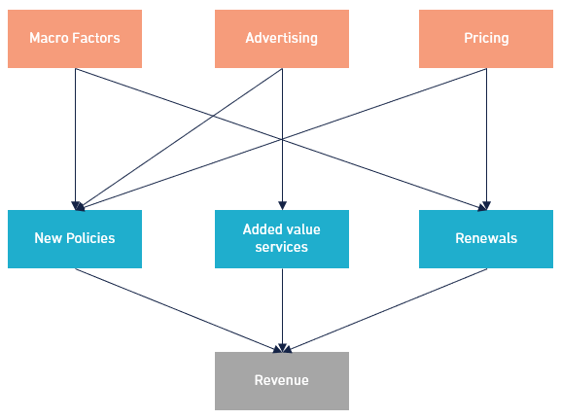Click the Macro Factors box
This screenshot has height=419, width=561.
(75, 39)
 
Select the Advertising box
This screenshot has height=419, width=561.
(282, 39)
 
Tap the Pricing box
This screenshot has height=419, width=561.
(486, 39)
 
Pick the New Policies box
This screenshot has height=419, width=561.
(75, 239)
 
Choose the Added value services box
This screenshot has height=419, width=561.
(282, 239)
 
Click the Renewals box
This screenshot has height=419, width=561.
(486, 239)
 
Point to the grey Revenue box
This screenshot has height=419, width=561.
(282, 381)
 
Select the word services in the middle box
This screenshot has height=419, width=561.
(282, 247)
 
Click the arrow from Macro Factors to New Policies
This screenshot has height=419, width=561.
(76, 139)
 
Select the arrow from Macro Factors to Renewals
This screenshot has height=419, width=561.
(281, 139)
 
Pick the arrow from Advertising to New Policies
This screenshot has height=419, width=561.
(182, 137)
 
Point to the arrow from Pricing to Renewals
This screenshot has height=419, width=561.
(486, 139)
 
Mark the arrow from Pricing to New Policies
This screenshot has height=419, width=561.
(283, 138)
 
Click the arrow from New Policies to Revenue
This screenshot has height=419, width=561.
(179, 310)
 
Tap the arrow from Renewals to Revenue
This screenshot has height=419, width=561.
(386, 310)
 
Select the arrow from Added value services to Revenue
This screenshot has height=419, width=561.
(282, 310)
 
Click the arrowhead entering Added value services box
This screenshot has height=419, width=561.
(282, 206)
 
